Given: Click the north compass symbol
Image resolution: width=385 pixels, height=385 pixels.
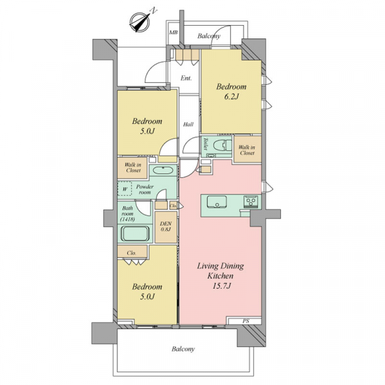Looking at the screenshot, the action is point(140,22).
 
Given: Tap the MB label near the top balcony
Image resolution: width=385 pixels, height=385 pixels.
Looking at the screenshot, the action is point(173,33).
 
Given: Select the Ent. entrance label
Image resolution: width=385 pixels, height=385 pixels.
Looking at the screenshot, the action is point(186,78).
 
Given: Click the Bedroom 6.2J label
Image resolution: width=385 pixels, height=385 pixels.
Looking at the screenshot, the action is point(231,92).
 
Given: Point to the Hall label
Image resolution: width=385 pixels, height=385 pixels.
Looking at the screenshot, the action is point(188,124).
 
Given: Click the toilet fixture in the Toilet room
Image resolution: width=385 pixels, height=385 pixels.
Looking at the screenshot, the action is point(223,146).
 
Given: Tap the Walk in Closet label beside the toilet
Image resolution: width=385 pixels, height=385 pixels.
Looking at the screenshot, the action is point(247,150).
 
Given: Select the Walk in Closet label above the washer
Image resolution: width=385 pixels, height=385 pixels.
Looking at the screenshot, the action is point(133,167).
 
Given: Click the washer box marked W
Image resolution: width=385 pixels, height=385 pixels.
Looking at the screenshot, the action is point(124,189).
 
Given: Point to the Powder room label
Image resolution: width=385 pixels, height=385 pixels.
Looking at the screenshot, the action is point(144,189).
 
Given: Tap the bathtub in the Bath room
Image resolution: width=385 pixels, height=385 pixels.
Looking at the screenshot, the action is point(135,234).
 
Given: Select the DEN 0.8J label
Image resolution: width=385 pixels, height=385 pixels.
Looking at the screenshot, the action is point(166,227).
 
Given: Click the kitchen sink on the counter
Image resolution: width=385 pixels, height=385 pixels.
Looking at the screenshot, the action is point(217,202).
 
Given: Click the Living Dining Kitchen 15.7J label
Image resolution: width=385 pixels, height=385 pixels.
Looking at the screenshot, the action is point(220,276).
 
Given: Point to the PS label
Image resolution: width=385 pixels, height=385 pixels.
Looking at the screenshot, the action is point(246,321).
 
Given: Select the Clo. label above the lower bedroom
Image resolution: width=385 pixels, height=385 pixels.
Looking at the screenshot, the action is point(132,253).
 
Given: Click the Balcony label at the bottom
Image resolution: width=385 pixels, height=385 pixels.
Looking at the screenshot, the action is point(183,349).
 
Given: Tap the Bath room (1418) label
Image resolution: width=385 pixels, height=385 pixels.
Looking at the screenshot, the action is point(128,214).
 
